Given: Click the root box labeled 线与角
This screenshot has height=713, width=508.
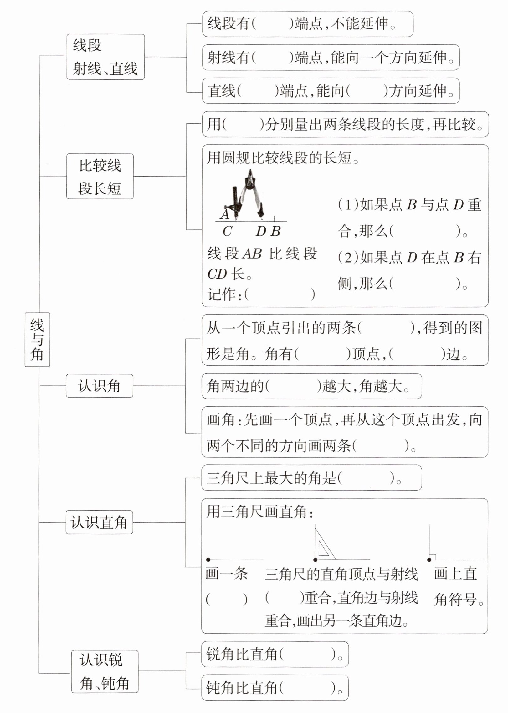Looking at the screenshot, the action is click(37, 339).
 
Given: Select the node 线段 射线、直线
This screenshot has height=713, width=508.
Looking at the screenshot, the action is click(105, 57).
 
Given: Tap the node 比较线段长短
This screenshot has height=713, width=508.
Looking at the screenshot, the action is click(100, 177).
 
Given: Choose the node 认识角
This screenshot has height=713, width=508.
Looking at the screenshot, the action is click(99, 386).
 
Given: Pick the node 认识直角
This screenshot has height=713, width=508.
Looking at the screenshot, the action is click(99, 522).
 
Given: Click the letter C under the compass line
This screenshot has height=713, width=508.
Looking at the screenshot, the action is click(227, 232).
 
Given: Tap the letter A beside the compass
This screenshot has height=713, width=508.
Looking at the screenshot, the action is click(224, 214).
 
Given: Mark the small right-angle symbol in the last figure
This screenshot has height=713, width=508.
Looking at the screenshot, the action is click(432, 557).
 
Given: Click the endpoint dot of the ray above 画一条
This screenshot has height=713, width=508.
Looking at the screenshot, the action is click(208, 560).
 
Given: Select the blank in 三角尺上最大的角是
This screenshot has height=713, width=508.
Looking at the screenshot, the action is click(366, 478).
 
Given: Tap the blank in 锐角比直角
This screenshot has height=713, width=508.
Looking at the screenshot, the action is click(307, 654).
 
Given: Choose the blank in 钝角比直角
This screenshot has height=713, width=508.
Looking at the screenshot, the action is click(307, 688).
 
